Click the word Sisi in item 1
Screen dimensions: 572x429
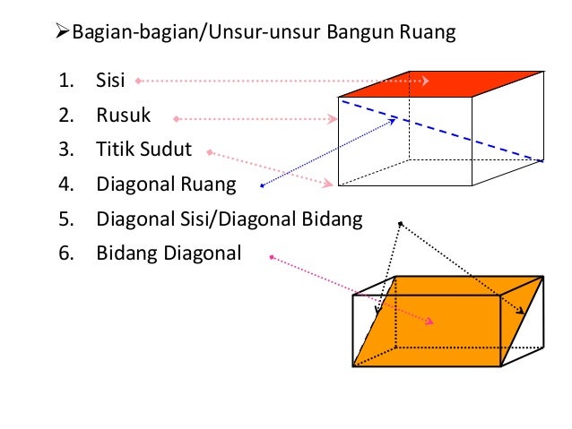point(112,82)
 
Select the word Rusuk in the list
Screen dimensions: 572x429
point(124,116)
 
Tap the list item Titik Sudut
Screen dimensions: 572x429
point(143,150)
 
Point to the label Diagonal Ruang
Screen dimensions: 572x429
point(166,185)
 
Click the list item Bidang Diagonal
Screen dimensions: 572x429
point(169,253)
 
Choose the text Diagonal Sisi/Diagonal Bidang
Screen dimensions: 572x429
point(229,219)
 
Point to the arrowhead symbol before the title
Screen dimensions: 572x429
point(62,34)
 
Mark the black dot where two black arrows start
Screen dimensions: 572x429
point(401,223)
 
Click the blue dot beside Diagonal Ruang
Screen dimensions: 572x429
point(262,186)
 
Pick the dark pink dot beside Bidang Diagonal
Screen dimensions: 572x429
point(271,259)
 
